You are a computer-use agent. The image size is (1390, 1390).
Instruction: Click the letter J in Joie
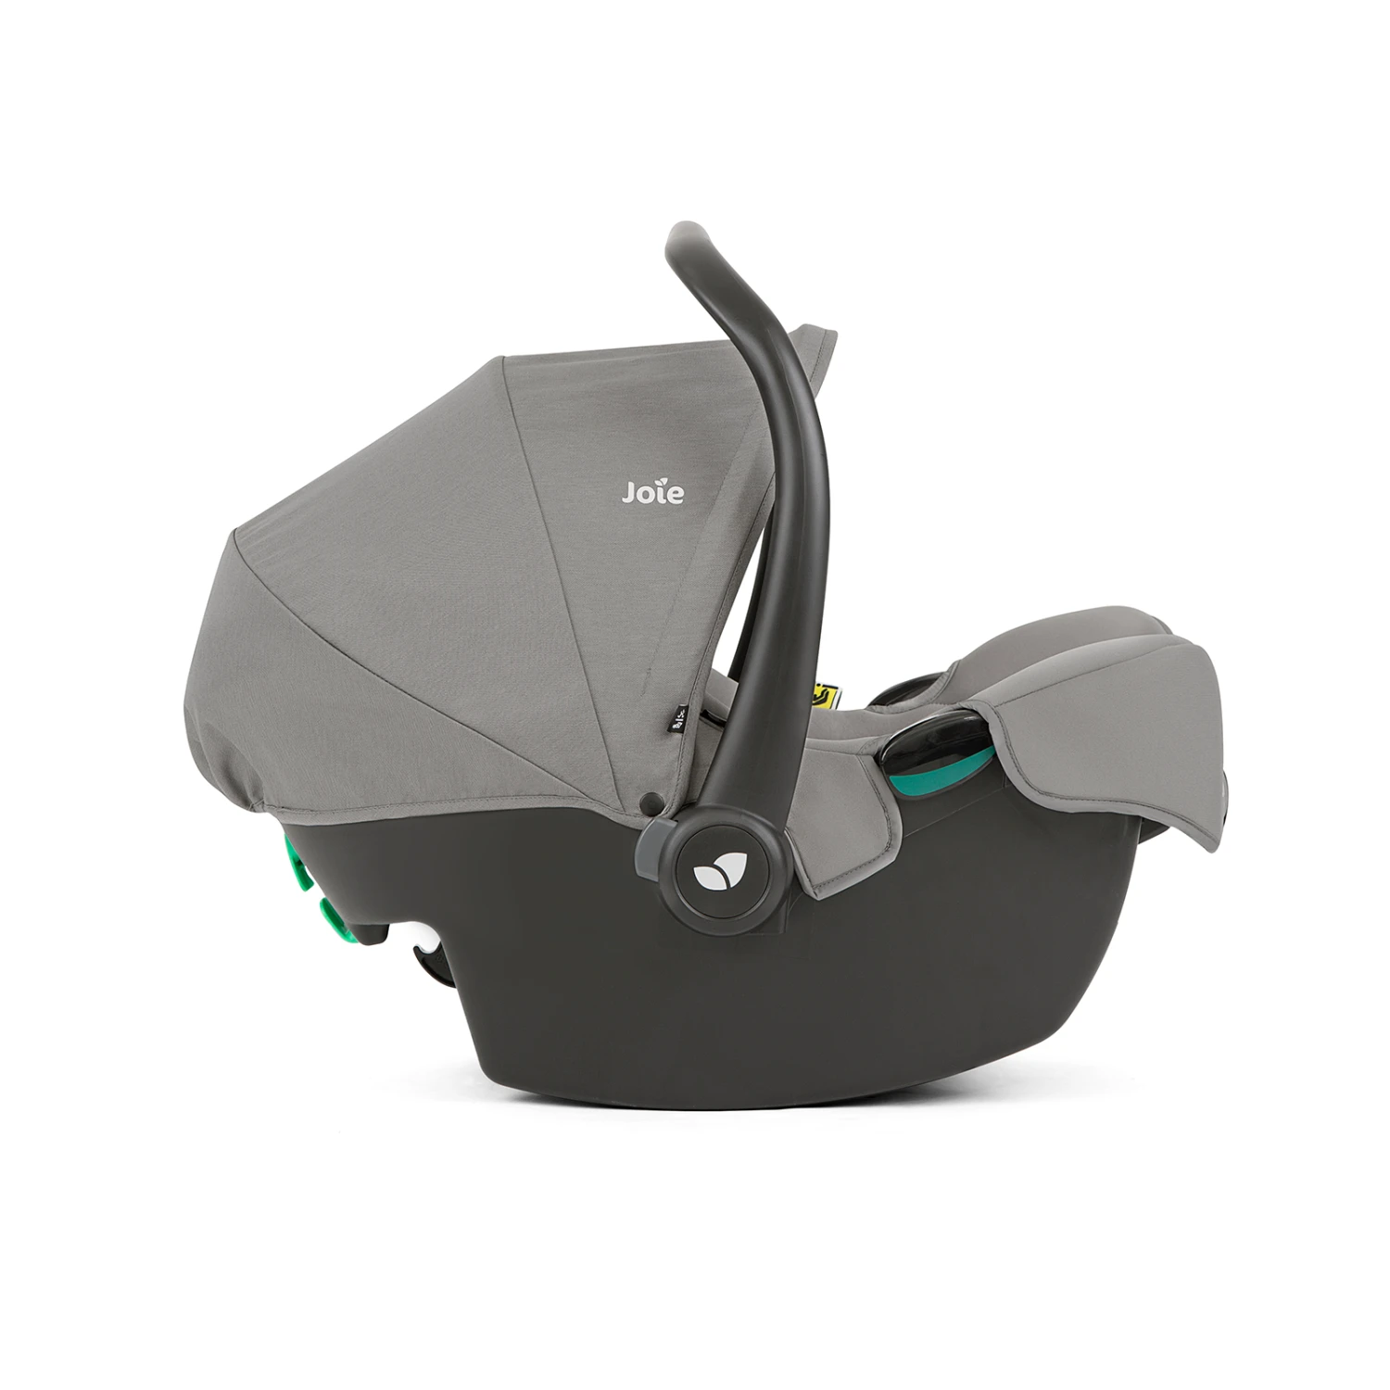coord(627,491)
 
